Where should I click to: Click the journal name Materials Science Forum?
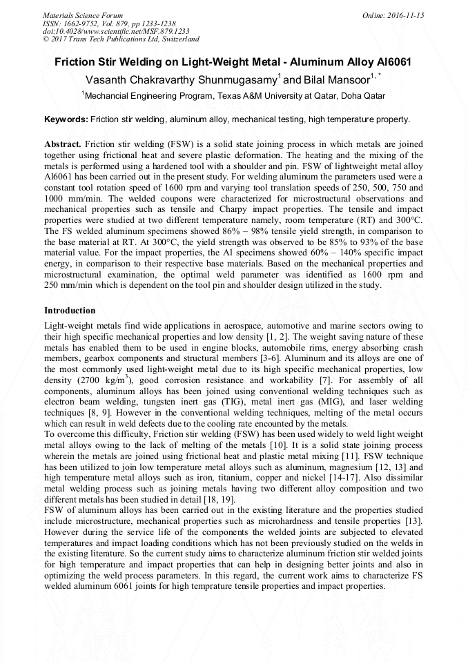pyautogui.click(x=83, y=15)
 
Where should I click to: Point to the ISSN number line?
pyautogui.click(x=104, y=23)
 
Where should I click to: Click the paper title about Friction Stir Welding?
pyautogui.click(x=233, y=61)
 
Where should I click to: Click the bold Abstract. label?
pyautogui.click(x=63, y=144)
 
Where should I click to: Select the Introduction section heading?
pyautogui.click(x=70, y=311)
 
